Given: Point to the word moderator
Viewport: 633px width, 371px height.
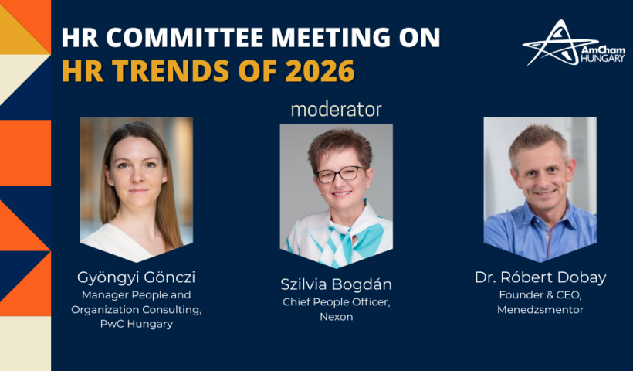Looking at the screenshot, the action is (x=336, y=110).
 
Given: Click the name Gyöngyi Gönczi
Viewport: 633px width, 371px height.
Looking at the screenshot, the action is (x=136, y=277).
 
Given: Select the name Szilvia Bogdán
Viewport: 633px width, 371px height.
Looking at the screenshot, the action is (x=336, y=284).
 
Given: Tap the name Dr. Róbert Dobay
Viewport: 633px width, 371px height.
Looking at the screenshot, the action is (x=540, y=277).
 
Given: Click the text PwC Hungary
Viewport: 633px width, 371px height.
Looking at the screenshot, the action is (x=137, y=324).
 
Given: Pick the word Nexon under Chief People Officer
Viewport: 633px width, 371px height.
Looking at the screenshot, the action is (x=337, y=317).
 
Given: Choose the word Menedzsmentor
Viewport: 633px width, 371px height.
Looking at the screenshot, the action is (x=540, y=310).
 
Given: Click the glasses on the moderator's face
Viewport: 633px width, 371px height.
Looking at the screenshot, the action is (x=341, y=174).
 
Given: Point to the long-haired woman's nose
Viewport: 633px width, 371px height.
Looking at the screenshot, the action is (x=137, y=176).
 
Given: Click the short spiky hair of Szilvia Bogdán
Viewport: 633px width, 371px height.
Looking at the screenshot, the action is (x=340, y=145).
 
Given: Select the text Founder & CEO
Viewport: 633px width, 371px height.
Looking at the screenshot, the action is (x=540, y=295).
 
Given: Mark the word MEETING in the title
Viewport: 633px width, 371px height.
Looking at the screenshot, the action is (x=330, y=38).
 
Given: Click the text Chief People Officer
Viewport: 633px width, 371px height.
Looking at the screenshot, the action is (x=337, y=302).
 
